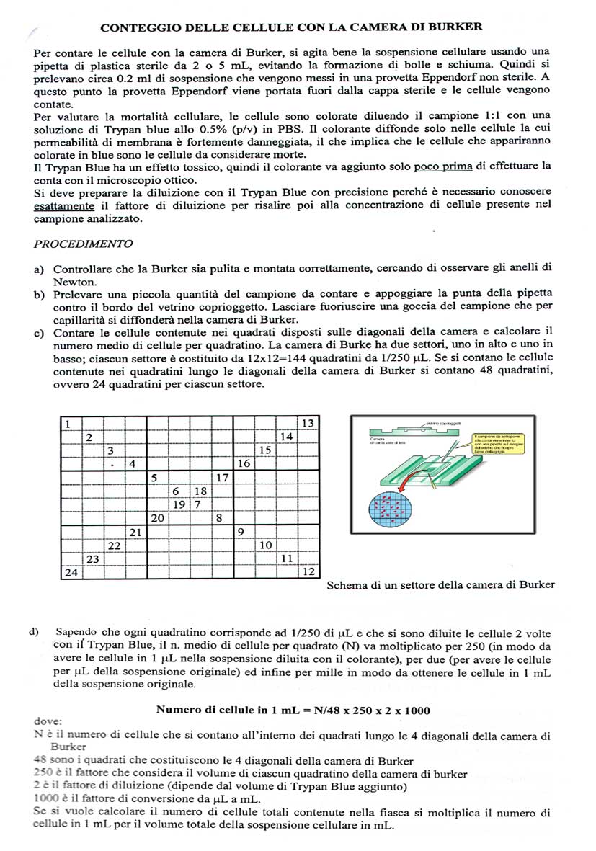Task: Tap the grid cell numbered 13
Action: tap(307, 423)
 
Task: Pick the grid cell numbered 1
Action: tap(69, 423)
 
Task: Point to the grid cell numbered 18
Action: tap(201, 491)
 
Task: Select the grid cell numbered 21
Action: tap(135, 533)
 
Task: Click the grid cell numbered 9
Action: tap(243, 533)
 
